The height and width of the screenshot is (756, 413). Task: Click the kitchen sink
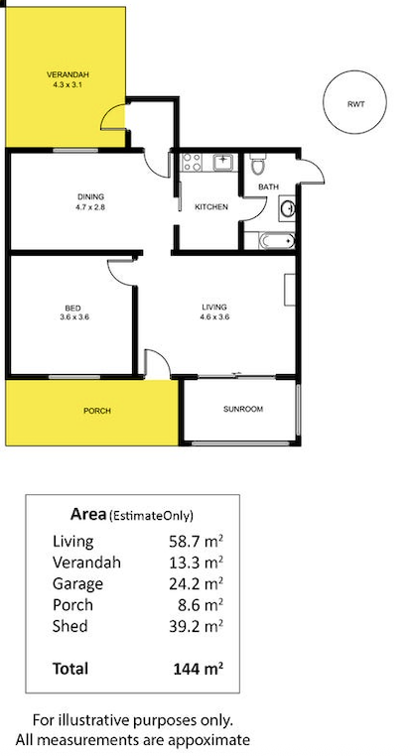[x=223, y=162]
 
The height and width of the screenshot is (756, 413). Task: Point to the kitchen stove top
[x=192, y=162]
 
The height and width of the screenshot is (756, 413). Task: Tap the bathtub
[x=276, y=240]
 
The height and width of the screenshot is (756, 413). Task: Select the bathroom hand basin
[x=288, y=208]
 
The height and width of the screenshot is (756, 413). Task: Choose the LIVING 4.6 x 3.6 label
[x=214, y=312]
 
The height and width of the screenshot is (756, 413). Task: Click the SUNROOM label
[x=243, y=409]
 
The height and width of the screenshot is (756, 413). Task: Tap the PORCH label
[x=97, y=411]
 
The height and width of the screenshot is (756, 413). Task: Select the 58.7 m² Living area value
[x=196, y=541]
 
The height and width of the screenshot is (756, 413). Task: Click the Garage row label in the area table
[x=77, y=584]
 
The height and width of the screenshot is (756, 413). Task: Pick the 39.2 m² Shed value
[x=196, y=626]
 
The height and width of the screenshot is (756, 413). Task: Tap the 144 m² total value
[x=198, y=669]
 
